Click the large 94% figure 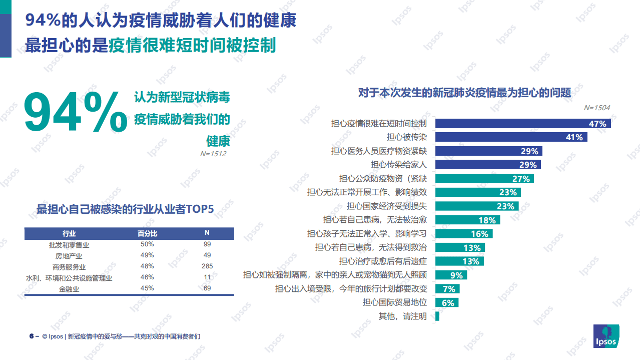click(x=75, y=113)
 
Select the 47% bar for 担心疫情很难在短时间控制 click(x=523, y=124)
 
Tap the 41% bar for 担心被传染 click(x=511, y=137)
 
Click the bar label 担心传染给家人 click(x=398, y=164)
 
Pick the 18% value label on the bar click(x=487, y=220)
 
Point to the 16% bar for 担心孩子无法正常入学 click(x=464, y=234)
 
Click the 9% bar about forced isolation click(x=451, y=275)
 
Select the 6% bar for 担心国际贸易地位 click(x=447, y=302)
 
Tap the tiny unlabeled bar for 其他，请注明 click(x=437, y=316)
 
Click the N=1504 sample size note click(x=596, y=108)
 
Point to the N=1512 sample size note click(x=213, y=154)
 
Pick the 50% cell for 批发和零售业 click(x=147, y=244)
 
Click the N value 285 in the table click(x=207, y=266)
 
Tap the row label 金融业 click(x=69, y=289)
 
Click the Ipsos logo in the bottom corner click(x=606, y=336)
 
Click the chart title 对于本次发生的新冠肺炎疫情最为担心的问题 click(x=464, y=93)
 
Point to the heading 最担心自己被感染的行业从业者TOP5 click(x=125, y=209)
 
